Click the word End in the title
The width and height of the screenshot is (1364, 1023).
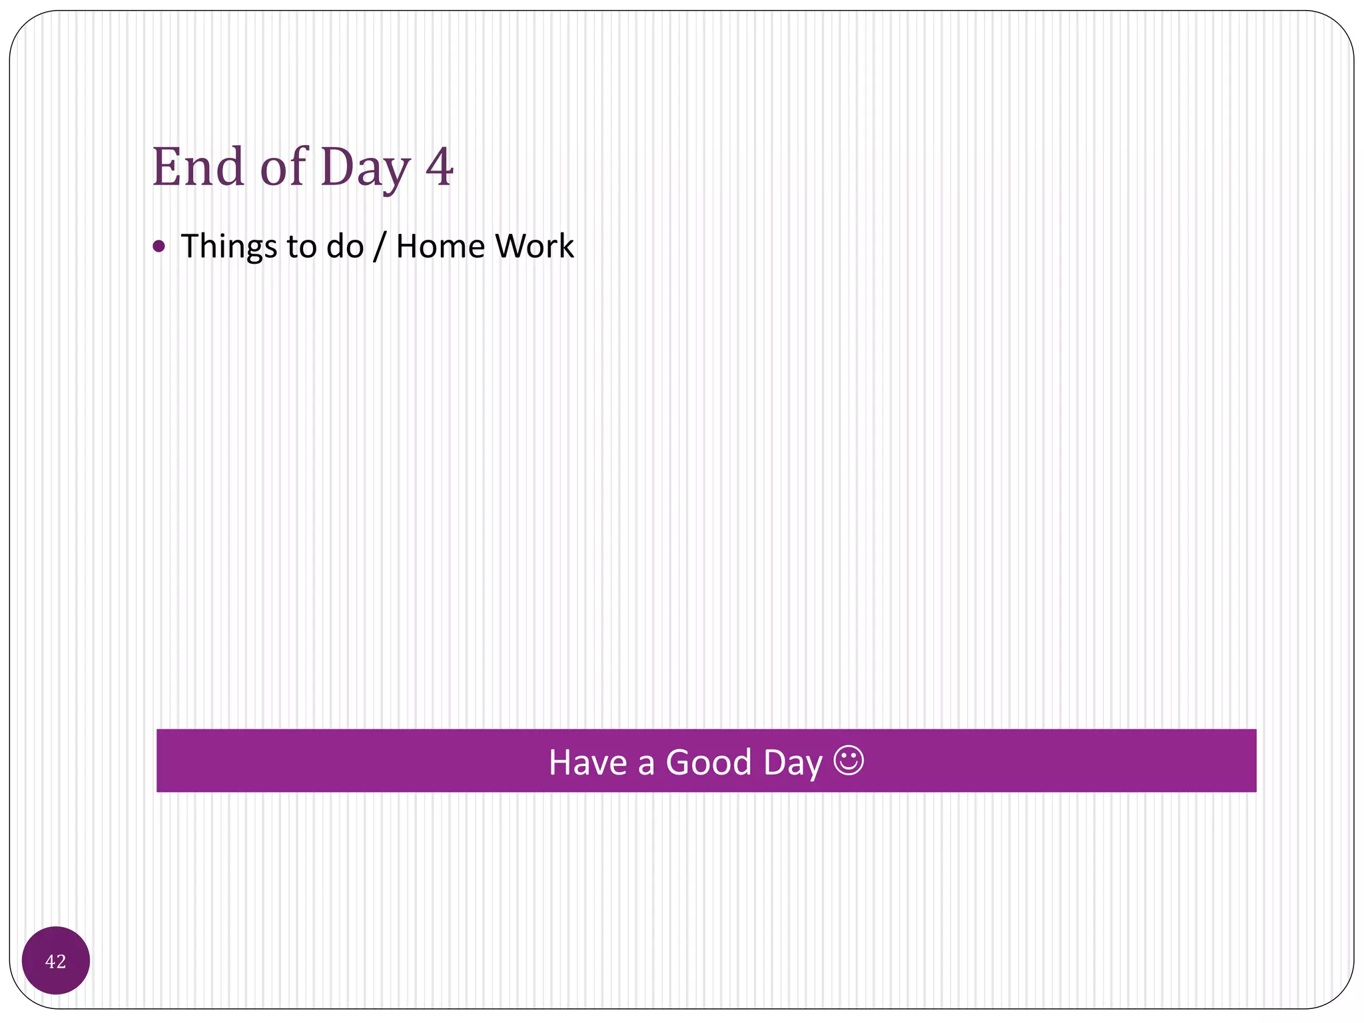click(x=198, y=167)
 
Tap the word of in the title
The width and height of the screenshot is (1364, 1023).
click(x=283, y=167)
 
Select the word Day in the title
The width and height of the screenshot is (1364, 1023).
click(x=365, y=168)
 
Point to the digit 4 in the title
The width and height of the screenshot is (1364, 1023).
click(x=440, y=167)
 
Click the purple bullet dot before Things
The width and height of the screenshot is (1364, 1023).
click(x=159, y=246)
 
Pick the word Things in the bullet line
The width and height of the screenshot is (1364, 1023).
click(x=228, y=247)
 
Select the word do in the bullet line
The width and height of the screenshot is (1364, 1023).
click(x=345, y=246)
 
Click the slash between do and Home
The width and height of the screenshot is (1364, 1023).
click(x=380, y=246)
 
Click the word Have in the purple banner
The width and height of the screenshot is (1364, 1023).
click(x=587, y=762)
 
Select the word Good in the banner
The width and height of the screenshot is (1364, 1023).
click(x=709, y=762)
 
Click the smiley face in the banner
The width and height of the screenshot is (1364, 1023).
click(x=849, y=760)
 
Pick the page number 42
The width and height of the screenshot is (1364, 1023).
click(x=56, y=962)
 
